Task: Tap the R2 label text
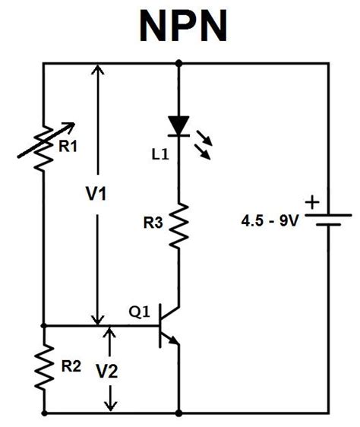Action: [71, 365]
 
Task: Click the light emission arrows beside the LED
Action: [204, 143]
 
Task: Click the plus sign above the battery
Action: [311, 202]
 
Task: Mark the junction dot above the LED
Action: [179, 65]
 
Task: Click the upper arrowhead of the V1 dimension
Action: [96, 73]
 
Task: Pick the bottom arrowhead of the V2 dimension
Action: [112, 406]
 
